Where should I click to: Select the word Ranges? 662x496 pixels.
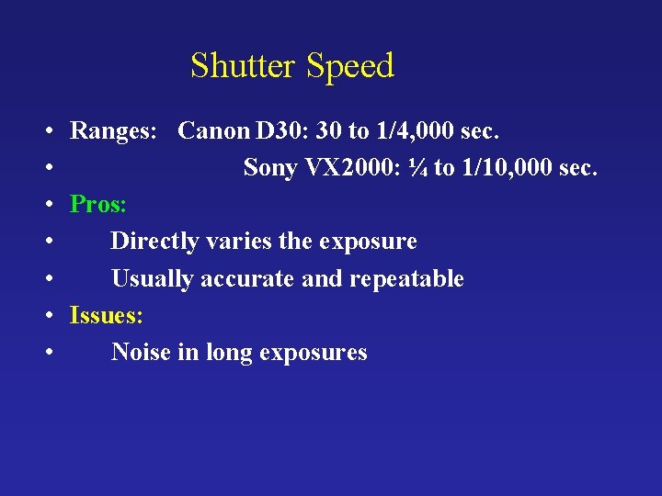click(x=117, y=131)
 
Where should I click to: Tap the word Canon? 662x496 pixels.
click(x=213, y=131)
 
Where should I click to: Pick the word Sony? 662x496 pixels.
click(x=270, y=168)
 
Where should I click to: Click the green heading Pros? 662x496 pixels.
click(x=98, y=205)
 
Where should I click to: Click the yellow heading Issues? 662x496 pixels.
click(x=107, y=315)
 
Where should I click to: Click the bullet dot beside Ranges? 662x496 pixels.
click(x=46, y=132)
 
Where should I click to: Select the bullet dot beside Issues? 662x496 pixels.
click(x=46, y=316)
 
